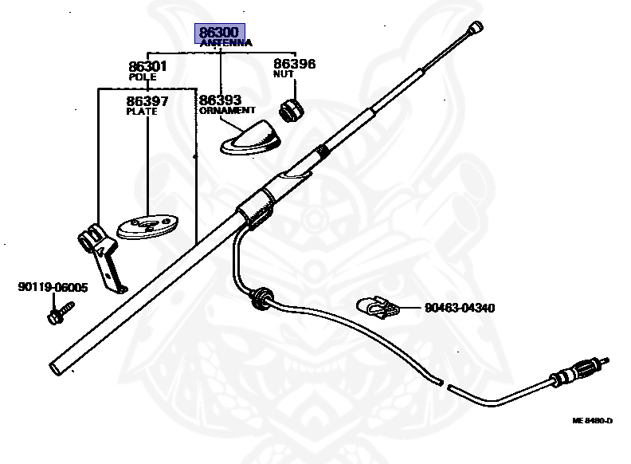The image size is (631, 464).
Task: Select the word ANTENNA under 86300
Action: coord(225,43)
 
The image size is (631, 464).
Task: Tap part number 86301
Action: coord(147,67)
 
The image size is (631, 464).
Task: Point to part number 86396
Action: coord(295,64)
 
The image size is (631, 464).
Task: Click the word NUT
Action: coord(283,74)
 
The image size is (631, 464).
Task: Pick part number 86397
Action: coord(147,101)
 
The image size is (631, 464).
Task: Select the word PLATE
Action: coord(142,112)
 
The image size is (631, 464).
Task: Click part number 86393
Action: coord(220,100)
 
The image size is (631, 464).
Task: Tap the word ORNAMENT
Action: coord(227,111)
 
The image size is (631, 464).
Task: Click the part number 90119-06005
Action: coord(53,288)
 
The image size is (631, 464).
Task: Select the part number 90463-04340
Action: coord(460,307)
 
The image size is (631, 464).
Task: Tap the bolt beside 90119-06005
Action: coord(60,312)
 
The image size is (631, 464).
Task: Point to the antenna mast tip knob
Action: coord(476,27)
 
